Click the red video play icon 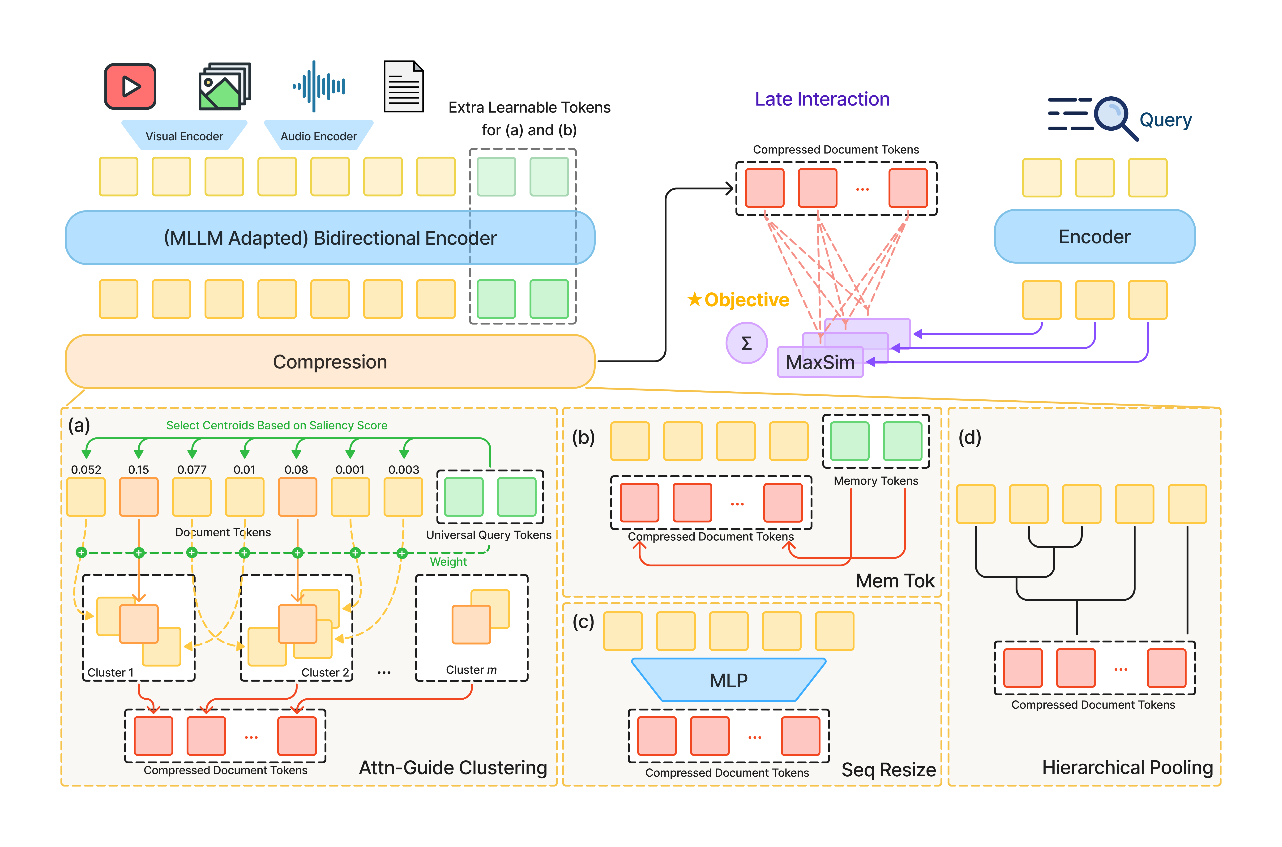(x=130, y=86)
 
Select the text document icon (x=403, y=86)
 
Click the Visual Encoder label (x=184, y=136)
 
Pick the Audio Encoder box (x=319, y=136)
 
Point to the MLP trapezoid (x=728, y=680)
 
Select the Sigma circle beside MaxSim (x=746, y=343)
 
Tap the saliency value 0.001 (x=350, y=469)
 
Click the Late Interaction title (x=822, y=99)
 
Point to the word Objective (x=746, y=300)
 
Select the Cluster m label (x=471, y=670)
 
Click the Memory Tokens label (x=875, y=481)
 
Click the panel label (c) (x=583, y=622)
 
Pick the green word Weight (x=448, y=562)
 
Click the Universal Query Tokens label (x=489, y=535)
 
